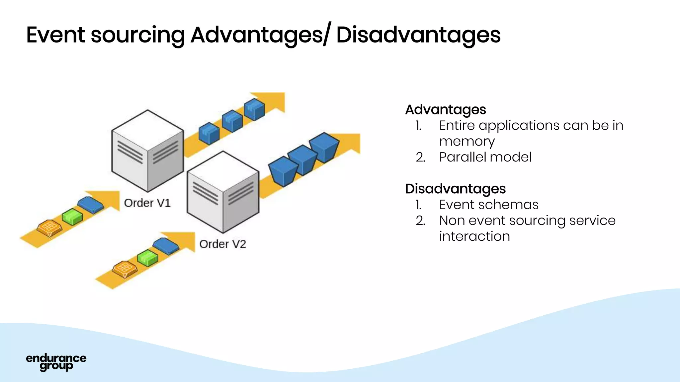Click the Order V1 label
pos(147,203)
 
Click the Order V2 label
pos(222,244)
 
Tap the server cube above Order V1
pos(147,151)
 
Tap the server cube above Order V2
pos(223,192)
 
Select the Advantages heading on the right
pos(445,109)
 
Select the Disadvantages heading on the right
pos(455,189)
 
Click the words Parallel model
pos(485,157)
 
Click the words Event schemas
pos(488,205)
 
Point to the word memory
pos(467,142)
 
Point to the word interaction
pos(474,236)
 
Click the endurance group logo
pos(56,362)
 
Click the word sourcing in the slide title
pos(137,35)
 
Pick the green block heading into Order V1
pos(72,217)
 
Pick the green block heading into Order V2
pos(148,258)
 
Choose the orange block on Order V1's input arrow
pos(49,228)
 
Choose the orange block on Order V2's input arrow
pos(125,269)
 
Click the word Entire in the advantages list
pos(456,126)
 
